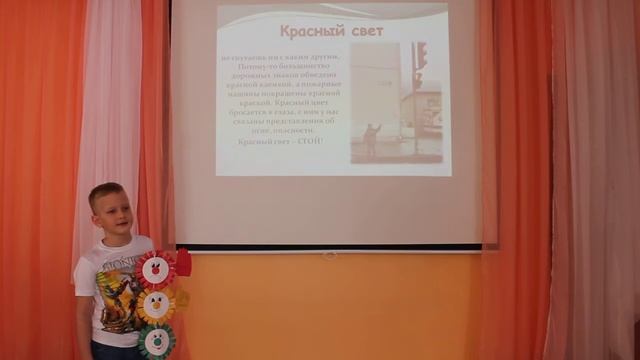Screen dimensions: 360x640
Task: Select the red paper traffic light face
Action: pyautogui.click(x=155, y=269)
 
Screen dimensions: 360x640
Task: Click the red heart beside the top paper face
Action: pyautogui.click(x=183, y=263)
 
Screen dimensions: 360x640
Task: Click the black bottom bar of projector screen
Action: pyautogui.click(x=330, y=247)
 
